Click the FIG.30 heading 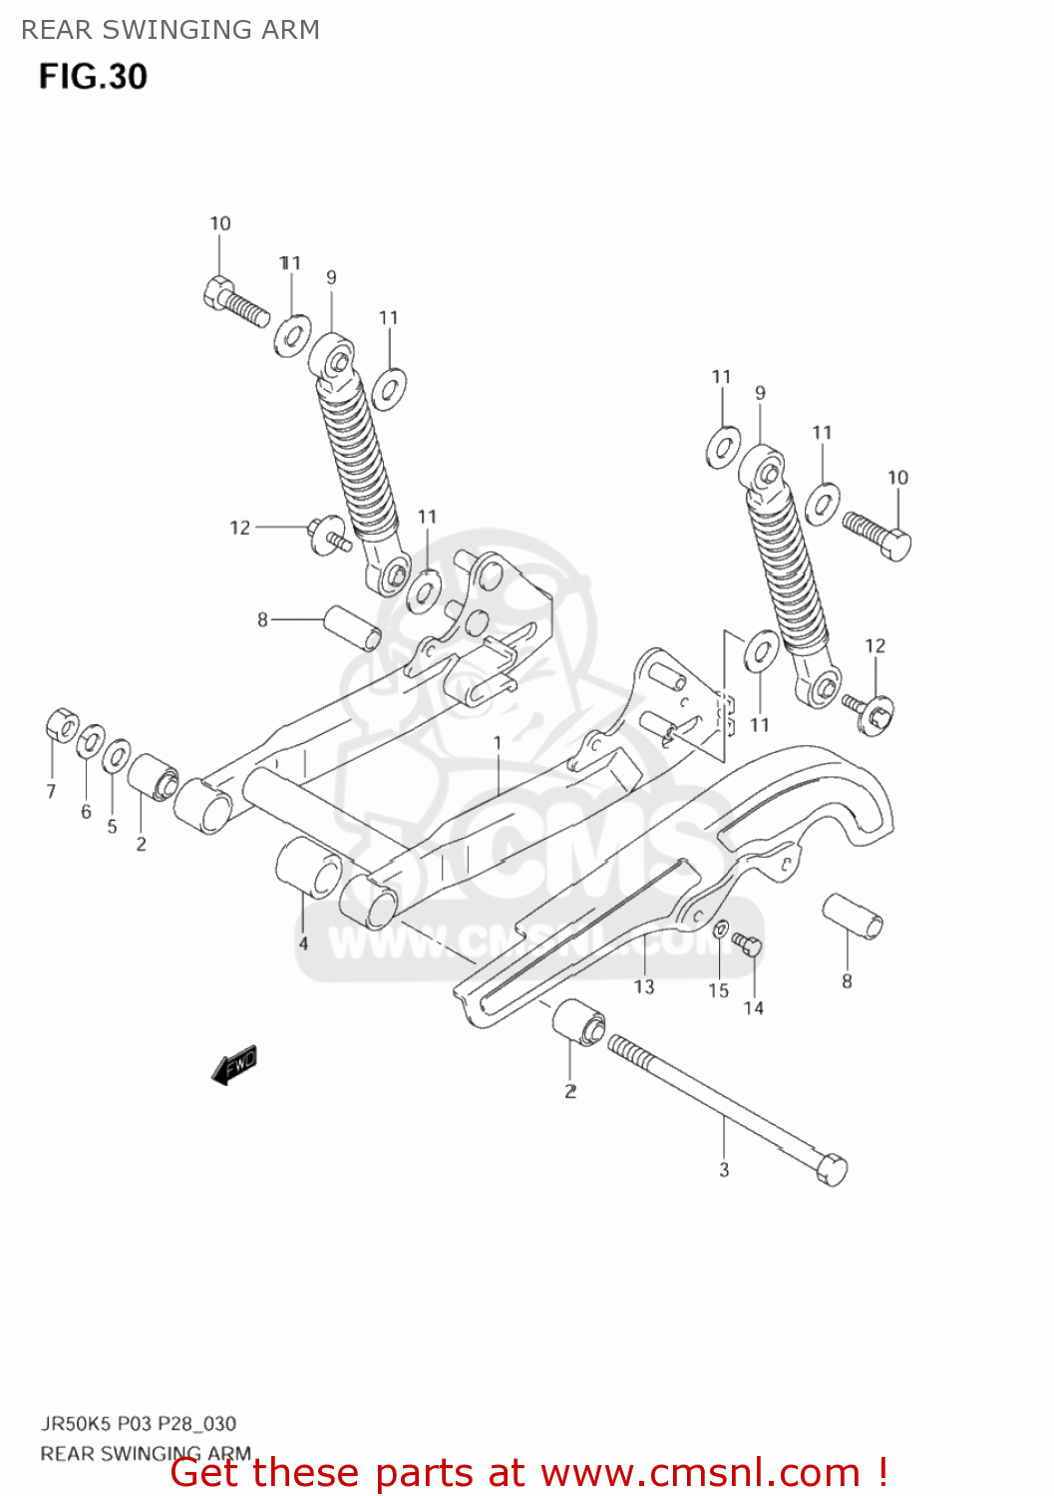point(93,77)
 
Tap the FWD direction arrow point(235,1065)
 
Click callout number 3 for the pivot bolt point(724,1170)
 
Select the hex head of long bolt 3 point(831,1168)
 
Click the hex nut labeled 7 point(61,725)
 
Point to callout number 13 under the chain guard point(644,986)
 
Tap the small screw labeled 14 point(747,942)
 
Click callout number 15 point(719,990)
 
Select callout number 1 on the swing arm point(498,743)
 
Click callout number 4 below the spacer point(303,943)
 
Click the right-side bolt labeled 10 point(878,535)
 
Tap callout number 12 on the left point(240,528)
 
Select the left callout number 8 point(262,619)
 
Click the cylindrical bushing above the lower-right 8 point(852,917)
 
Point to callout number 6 point(86,812)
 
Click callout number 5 point(112,826)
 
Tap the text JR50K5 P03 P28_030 point(139,1423)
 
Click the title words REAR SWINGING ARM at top point(171,30)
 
